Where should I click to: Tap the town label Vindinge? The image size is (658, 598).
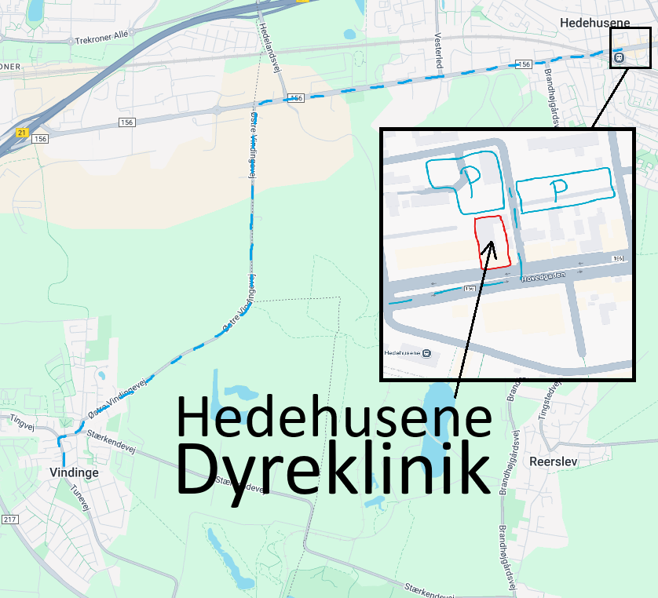[73, 473]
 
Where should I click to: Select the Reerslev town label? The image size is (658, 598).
[554, 461]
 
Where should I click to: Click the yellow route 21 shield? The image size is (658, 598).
[21, 133]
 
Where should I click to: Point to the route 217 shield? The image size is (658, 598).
[9, 520]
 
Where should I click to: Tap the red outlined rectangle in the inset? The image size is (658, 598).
[492, 242]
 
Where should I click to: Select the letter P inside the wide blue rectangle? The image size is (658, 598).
[557, 189]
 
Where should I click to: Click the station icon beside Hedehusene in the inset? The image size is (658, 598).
[426, 353]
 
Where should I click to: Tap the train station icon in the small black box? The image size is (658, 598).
[619, 57]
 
